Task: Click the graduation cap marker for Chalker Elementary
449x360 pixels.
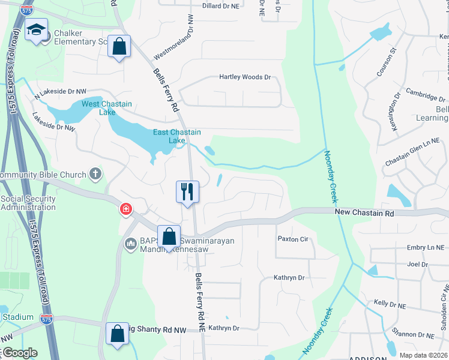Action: [x=37, y=30]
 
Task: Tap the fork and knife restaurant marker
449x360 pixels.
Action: [x=187, y=192]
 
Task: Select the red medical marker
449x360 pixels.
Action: [x=125, y=209]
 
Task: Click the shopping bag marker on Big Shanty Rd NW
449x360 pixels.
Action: [x=118, y=334]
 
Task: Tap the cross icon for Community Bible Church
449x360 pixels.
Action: [x=95, y=175]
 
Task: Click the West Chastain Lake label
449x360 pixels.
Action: [x=107, y=108]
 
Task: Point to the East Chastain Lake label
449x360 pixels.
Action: [x=176, y=136]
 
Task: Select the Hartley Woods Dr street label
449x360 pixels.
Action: [x=245, y=77]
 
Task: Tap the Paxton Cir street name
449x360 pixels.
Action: [x=292, y=239]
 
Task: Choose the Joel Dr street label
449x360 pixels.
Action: [x=413, y=264]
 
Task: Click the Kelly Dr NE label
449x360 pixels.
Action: [x=390, y=305]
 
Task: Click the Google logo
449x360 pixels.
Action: [x=19, y=353]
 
